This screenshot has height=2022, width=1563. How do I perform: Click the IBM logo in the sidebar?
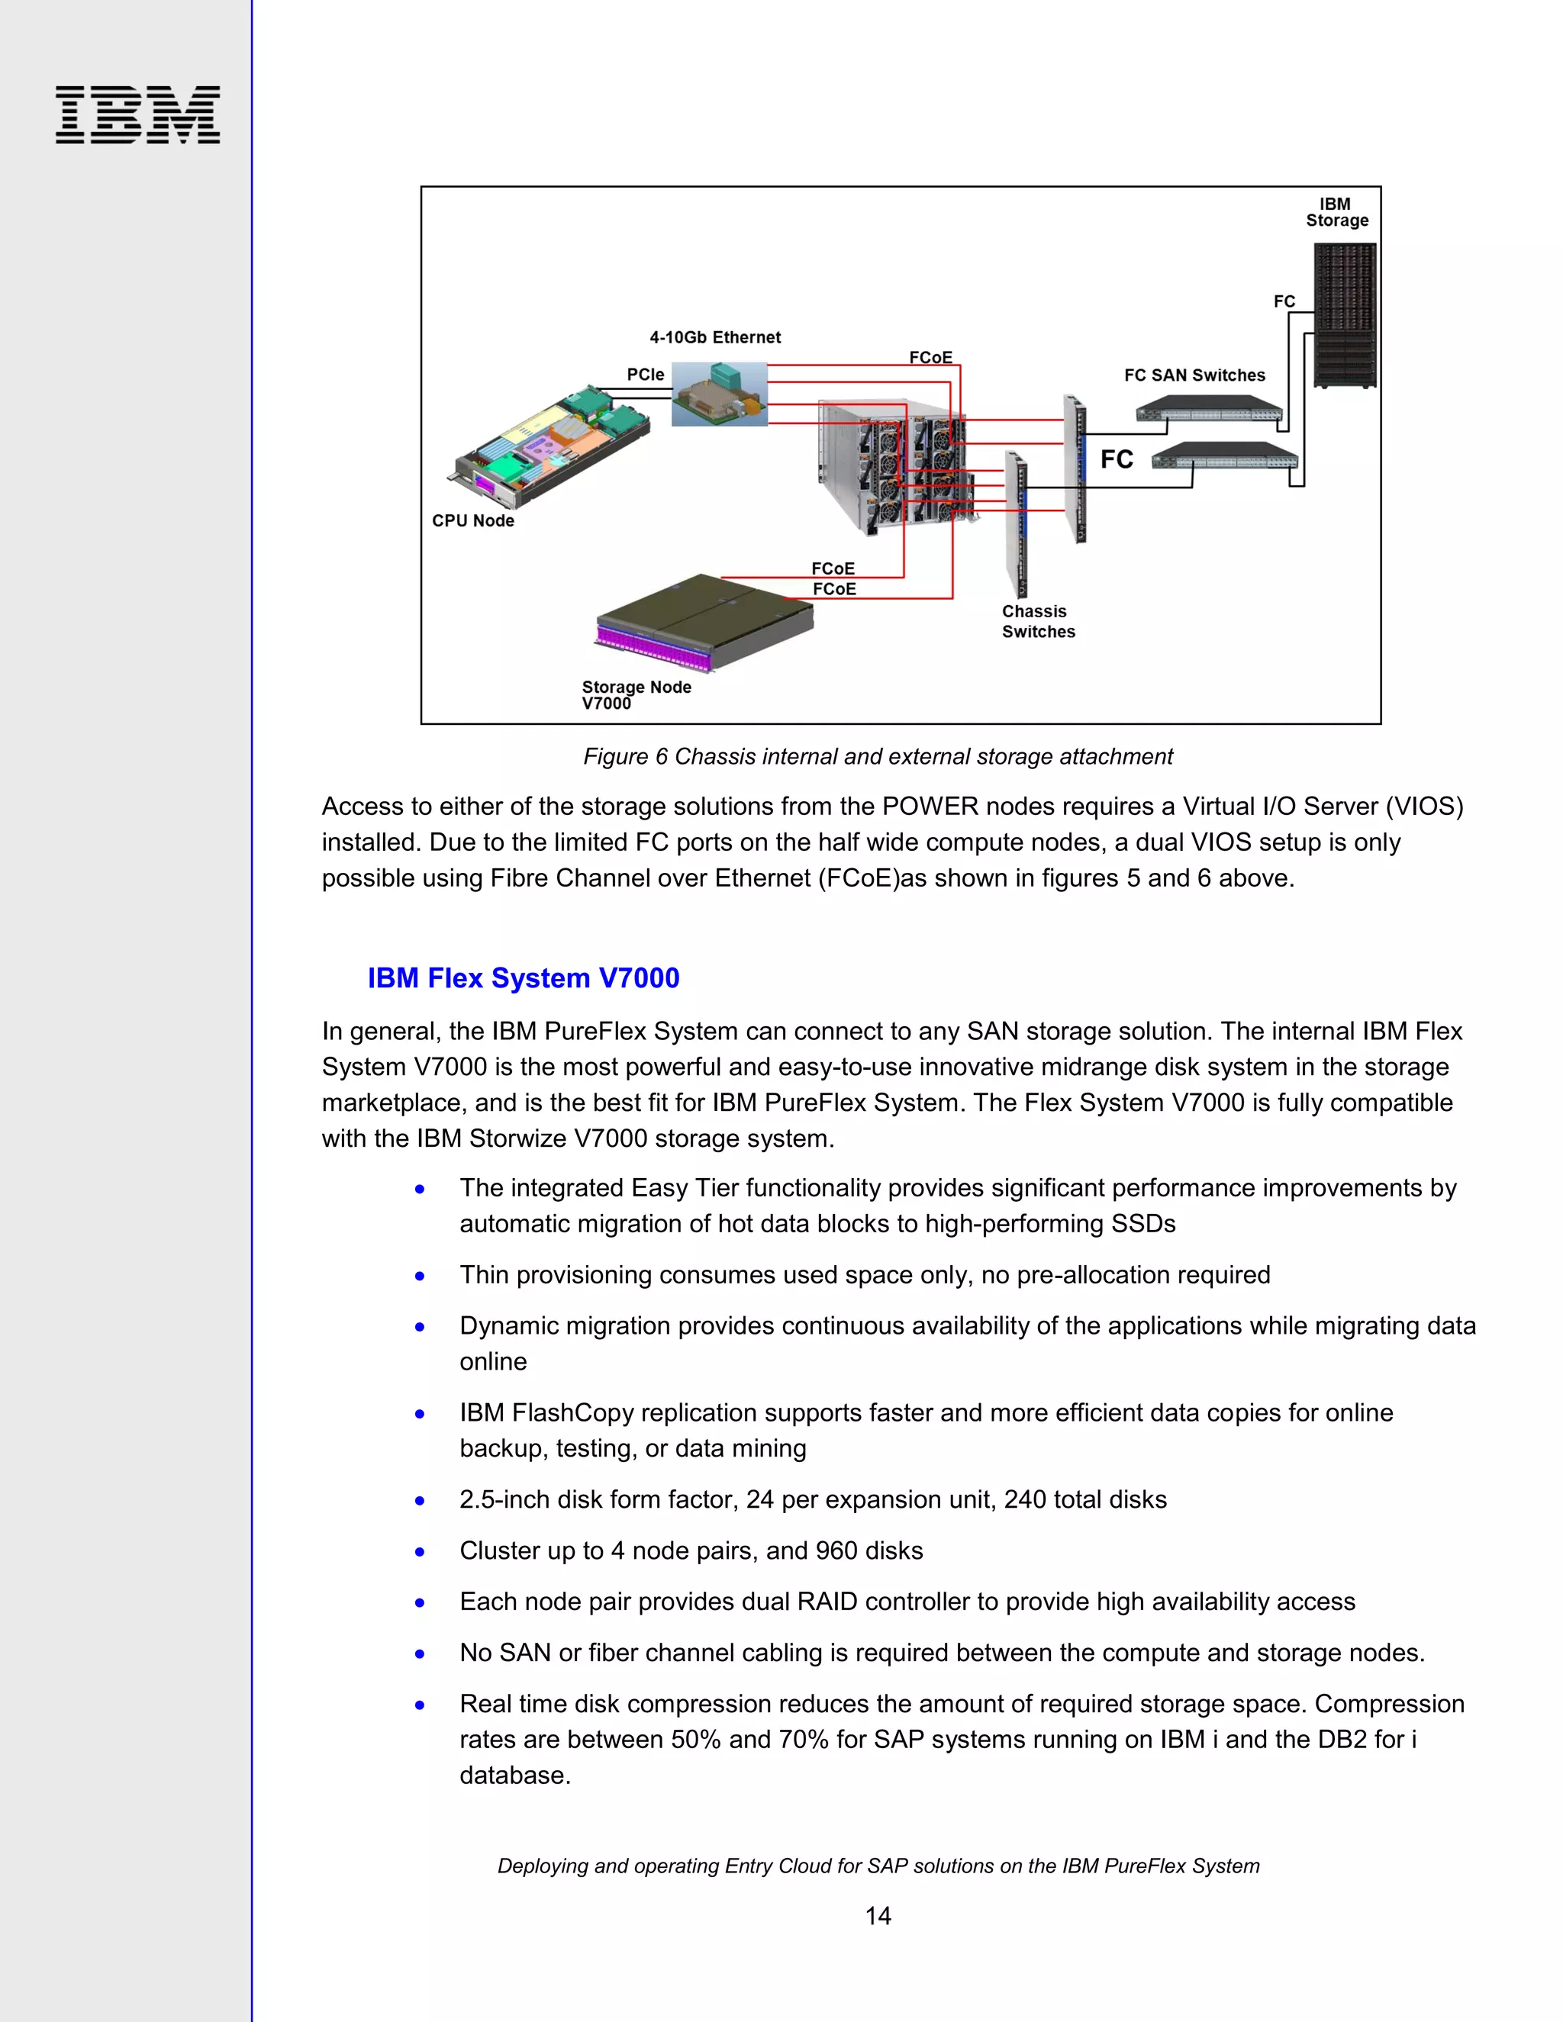138,114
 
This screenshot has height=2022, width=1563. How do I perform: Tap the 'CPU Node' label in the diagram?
473,521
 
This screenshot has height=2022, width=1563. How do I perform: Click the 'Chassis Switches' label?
1038,621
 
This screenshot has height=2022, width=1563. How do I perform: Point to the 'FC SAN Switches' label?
1194,375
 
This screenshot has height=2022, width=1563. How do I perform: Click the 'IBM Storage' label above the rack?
1336,212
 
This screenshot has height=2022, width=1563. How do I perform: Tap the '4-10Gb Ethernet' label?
715,337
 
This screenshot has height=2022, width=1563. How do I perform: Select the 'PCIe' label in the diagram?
646,374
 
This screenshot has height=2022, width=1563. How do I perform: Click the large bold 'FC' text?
1117,459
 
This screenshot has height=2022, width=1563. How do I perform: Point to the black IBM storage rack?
1345,315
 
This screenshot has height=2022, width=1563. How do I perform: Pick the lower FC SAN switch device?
1224,456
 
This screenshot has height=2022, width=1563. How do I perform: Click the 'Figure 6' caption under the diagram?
877,756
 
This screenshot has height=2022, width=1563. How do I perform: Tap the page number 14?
877,1915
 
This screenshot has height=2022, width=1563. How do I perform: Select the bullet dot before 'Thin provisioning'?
421,1276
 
